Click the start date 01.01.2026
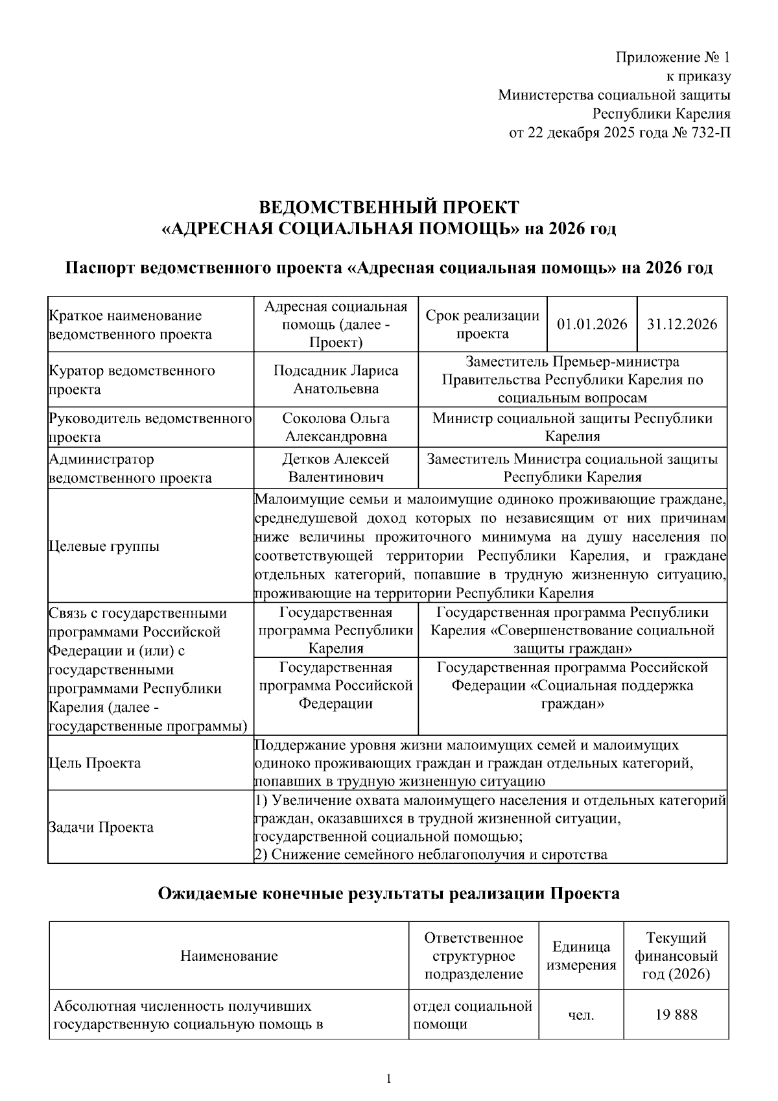[592, 324]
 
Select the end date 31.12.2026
[682, 324]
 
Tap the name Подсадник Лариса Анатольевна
[336, 380]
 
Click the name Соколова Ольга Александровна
[336, 427]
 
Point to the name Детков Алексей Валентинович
[336, 468]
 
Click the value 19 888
[677, 1015]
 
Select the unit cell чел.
[581, 1015]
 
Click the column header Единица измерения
[581, 956]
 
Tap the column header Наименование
[229, 956]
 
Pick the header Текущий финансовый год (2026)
[676, 956]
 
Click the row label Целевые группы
[104, 546]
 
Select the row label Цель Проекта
[95, 763]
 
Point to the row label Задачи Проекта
[101, 827]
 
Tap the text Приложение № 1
[672, 58]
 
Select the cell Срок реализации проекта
[482, 324]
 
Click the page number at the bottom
[388, 1080]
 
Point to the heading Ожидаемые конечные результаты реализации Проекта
[389, 894]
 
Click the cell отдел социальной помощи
[473, 1015]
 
